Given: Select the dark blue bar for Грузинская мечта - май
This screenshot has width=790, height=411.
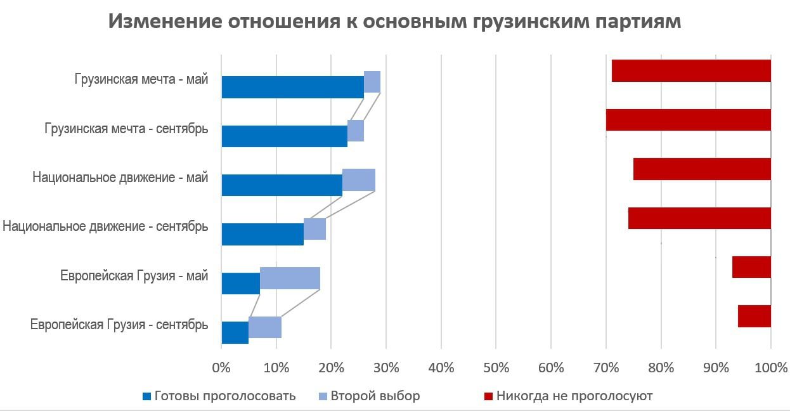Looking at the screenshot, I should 292,87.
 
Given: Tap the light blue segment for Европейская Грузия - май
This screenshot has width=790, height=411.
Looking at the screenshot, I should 290,279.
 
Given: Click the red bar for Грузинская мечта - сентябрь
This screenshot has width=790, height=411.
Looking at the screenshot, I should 688,120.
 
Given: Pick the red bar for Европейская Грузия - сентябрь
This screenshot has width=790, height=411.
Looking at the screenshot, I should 754,316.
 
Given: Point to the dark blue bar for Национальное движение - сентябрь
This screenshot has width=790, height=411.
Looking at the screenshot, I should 262,234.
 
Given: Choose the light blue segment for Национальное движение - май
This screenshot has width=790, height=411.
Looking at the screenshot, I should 358,180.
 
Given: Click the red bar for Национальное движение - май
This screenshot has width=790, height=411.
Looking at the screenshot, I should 702,169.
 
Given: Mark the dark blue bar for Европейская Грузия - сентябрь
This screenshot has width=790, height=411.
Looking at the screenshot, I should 235,332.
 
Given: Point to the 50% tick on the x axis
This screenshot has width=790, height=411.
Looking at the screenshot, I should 496,367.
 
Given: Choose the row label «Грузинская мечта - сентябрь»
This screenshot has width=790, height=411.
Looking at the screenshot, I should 126,129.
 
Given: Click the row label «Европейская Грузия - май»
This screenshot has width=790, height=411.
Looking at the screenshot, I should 134,276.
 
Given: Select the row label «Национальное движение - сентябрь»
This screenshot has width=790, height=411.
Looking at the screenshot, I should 105,226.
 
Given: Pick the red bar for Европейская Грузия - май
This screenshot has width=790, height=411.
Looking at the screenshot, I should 751,267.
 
